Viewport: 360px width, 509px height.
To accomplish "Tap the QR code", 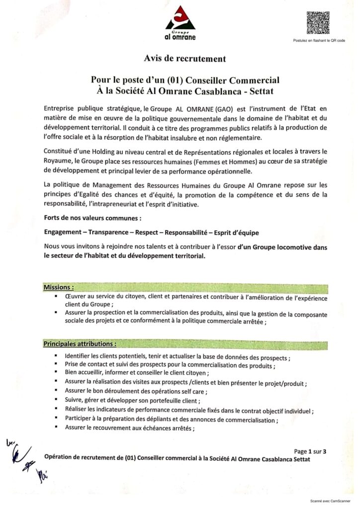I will (x=318, y=22).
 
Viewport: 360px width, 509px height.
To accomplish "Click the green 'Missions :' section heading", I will (x=59, y=287).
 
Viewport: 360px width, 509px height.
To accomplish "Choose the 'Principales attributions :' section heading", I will (x=80, y=343).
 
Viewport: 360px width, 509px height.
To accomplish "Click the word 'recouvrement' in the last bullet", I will (x=105, y=427).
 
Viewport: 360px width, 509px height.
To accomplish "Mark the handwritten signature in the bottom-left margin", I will (x=22, y=455).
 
